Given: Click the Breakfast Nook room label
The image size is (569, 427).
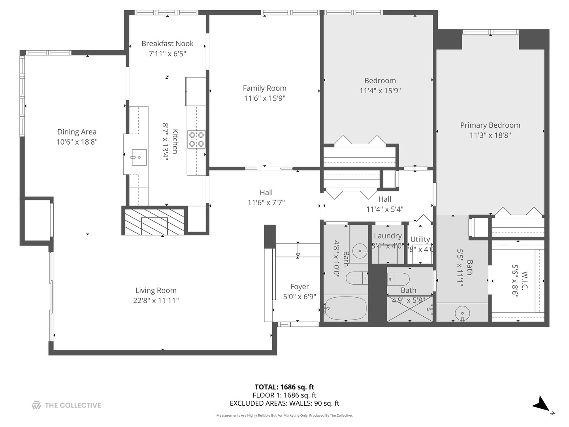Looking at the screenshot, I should point(168,43).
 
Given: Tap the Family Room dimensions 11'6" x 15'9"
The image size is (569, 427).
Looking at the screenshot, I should point(264,98).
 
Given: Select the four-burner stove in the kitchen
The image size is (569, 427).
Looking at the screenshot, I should point(196,139).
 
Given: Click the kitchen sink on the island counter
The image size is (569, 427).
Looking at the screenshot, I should point(139,157).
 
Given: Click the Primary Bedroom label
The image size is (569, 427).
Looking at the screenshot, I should point(490,125).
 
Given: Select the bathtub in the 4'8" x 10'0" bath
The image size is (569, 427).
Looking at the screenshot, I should point(345,308).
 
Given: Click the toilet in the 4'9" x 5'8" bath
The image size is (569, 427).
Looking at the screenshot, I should point(398,279).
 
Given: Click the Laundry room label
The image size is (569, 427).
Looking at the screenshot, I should point(388,236).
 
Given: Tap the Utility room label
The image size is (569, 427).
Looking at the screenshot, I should point(420,239).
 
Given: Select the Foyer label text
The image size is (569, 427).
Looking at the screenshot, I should point(300,287).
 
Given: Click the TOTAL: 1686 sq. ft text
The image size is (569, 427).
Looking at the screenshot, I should point(284,387).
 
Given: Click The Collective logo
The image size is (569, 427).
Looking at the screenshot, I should point(66,405).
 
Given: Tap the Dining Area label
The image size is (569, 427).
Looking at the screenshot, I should point(77,132).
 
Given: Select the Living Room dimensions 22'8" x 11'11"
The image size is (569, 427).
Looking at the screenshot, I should point(156,300).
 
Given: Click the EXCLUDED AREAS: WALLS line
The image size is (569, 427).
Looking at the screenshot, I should point(284,403).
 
